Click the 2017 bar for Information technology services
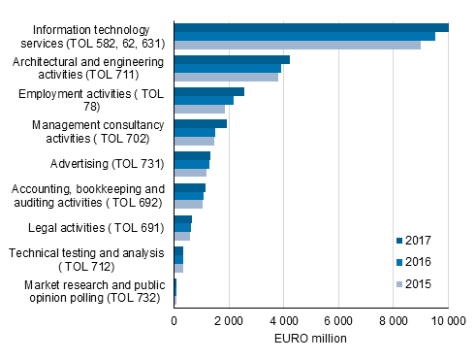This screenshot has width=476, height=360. [310, 28]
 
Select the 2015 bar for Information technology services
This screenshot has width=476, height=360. [297, 45]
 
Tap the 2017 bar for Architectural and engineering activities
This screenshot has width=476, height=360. [232, 60]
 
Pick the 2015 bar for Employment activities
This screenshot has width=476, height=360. [200, 109]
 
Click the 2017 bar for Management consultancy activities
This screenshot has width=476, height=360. [201, 124]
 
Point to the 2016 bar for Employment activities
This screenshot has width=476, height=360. [204, 100]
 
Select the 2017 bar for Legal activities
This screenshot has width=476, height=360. [183, 219]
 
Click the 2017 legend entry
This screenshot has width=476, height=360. [412, 240]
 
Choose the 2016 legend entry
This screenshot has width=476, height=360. [412, 262]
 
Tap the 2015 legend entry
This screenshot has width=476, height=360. [412, 284]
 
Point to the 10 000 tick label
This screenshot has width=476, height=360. [448, 321]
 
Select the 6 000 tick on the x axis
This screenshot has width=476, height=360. [339, 321]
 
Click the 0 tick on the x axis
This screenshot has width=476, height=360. [175, 321]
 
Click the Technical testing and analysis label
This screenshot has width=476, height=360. [86, 259]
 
